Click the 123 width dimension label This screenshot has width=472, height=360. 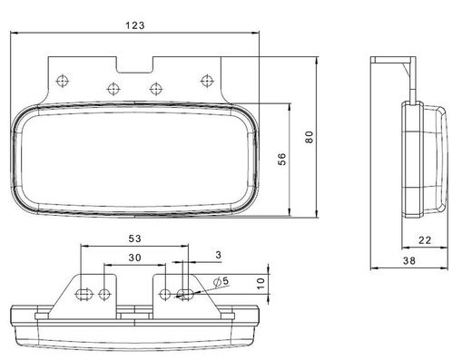[135, 25]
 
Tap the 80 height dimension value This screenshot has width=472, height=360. [310, 137]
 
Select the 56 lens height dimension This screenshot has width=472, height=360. [281, 159]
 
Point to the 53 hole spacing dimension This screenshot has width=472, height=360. [134, 238]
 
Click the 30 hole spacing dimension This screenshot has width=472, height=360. [134, 258]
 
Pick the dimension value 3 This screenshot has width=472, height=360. [219, 255]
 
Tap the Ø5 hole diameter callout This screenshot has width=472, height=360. [221, 282]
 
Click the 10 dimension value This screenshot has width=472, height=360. [261, 284]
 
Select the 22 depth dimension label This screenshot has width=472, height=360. [425, 240]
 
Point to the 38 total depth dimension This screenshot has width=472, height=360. [409, 260]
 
